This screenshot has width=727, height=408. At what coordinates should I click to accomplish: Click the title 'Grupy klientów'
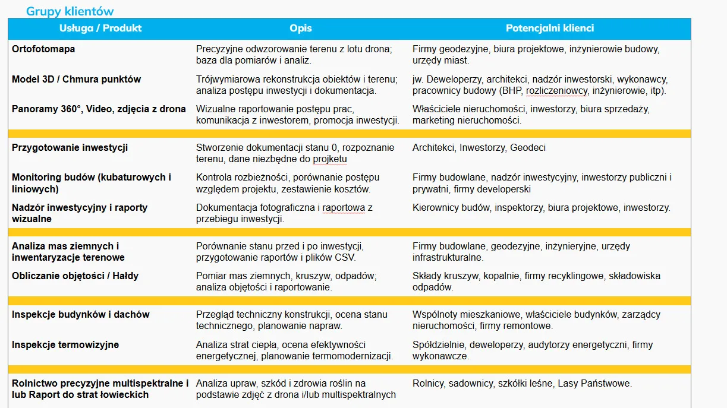pos(70,11)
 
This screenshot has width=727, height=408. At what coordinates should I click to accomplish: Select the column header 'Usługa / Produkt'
pos(100,28)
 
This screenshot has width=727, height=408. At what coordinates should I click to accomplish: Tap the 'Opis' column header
pos(301,28)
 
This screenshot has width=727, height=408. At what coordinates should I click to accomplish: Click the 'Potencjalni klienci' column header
pos(550,28)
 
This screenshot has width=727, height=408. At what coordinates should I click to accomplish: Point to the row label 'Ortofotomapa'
pos(43,49)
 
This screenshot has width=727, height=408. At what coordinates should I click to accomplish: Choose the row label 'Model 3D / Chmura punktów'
pos(76,80)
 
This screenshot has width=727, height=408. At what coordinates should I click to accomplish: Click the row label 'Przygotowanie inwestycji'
pos(70,148)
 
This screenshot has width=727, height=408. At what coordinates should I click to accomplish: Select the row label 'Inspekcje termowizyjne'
pos(65,345)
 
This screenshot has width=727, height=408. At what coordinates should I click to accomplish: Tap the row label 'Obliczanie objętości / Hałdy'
pos(75,276)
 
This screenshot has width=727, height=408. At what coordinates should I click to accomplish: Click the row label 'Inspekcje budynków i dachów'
pos(80,315)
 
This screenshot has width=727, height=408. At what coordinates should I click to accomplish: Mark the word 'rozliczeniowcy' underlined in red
pos(557,91)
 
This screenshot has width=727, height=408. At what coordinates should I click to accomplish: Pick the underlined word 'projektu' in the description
pos(330,160)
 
